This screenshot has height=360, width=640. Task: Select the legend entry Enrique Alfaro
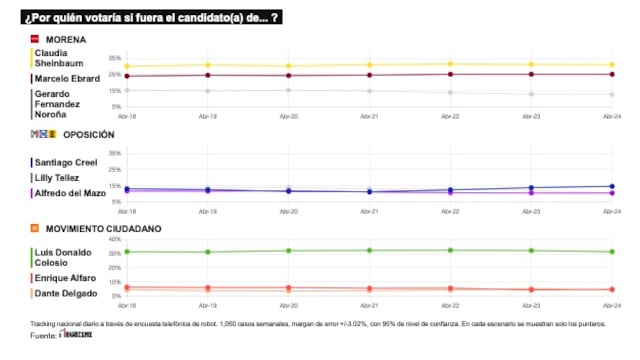[65, 277]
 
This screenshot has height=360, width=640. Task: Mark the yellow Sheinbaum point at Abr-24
[612, 65]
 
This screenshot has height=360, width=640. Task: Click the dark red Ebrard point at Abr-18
[126, 76]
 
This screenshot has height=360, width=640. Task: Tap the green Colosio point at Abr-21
[369, 250]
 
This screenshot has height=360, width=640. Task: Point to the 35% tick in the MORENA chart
[115, 58]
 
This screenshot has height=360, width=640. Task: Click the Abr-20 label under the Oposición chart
[288, 211]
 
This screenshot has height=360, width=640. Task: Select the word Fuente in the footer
[43, 335]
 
